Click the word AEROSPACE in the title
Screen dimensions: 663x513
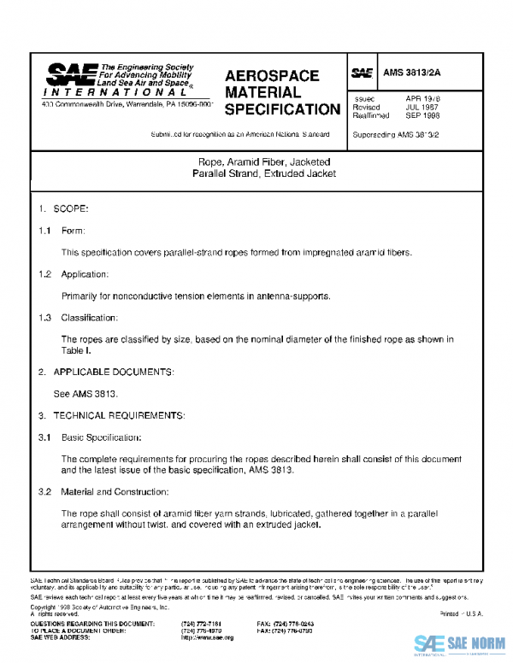[x=272, y=76]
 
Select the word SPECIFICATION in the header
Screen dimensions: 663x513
[x=282, y=109]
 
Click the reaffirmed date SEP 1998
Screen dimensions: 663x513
[x=423, y=115]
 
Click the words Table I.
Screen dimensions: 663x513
[x=76, y=350]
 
